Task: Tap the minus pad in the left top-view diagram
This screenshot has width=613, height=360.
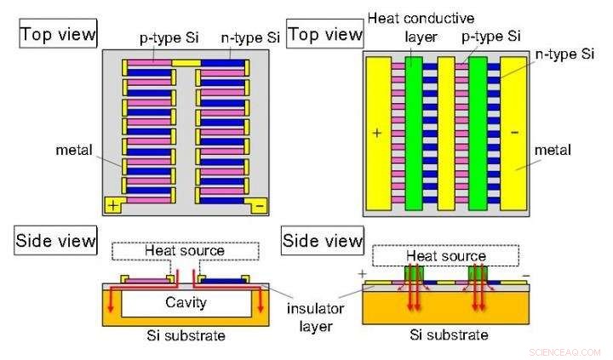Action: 259,205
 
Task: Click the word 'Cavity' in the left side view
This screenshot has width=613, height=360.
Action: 186,303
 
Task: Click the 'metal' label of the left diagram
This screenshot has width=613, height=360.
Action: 76,150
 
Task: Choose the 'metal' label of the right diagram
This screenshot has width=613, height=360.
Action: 554,150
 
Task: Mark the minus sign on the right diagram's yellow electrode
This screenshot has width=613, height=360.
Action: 513,133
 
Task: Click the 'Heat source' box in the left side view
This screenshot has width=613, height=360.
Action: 185,251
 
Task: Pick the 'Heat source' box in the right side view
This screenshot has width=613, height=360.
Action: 445,255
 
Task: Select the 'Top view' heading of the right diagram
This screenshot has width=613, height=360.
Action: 326,35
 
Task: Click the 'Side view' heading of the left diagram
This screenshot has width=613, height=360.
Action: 56,241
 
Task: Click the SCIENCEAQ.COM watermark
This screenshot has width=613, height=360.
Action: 564,351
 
